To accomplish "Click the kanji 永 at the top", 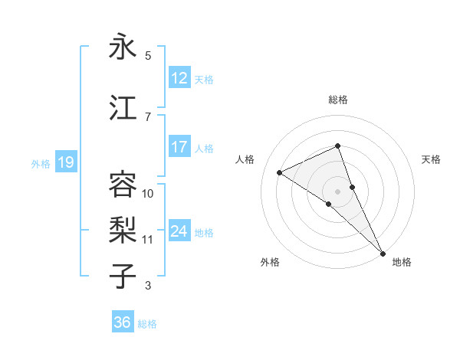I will tap(123, 47).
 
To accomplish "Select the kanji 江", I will tap(123, 108).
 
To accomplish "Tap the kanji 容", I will tap(123, 185).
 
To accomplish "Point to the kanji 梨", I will tap(123, 231).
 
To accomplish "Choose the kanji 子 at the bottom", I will tap(123, 277).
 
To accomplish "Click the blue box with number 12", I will tap(179, 79).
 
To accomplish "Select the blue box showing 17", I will tap(179, 148).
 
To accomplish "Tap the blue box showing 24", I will tap(179, 231).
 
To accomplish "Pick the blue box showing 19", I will tap(65, 162).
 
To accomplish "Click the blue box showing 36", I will tap(123, 323).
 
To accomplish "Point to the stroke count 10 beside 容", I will tap(148, 194).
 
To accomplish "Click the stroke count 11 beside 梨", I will tap(148, 240).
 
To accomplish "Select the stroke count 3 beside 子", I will tap(148, 286).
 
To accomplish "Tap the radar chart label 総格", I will tap(337, 100).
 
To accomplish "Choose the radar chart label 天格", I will tap(431, 159).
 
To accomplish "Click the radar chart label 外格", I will tap(270, 263).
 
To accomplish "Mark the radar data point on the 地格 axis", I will tap(382, 251).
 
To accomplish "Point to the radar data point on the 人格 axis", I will tap(280, 172).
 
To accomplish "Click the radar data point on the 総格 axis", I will tap(337, 146).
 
